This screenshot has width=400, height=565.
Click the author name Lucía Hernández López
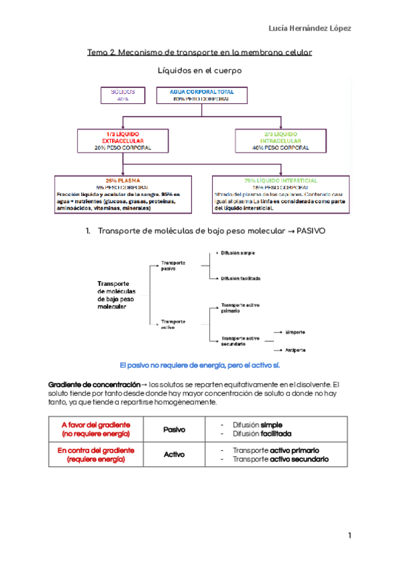click(x=309, y=28)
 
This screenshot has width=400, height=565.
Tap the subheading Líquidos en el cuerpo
click(x=199, y=70)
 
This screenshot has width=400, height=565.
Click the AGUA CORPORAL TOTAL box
click(x=201, y=95)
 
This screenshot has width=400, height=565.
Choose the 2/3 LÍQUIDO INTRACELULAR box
click(x=281, y=141)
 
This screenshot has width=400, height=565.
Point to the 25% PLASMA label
click(x=122, y=181)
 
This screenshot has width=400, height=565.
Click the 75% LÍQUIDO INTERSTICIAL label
click(x=281, y=181)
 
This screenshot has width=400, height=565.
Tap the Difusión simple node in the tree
click(x=238, y=253)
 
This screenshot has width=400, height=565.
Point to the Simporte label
click(x=295, y=331)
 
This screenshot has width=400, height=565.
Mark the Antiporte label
click(x=295, y=349)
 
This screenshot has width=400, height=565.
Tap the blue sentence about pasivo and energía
click(x=200, y=366)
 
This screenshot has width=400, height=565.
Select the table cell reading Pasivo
click(x=175, y=430)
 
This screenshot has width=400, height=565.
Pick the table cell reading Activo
click(x=175, y=454)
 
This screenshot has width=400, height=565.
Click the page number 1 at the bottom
click(x=349, y=536)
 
